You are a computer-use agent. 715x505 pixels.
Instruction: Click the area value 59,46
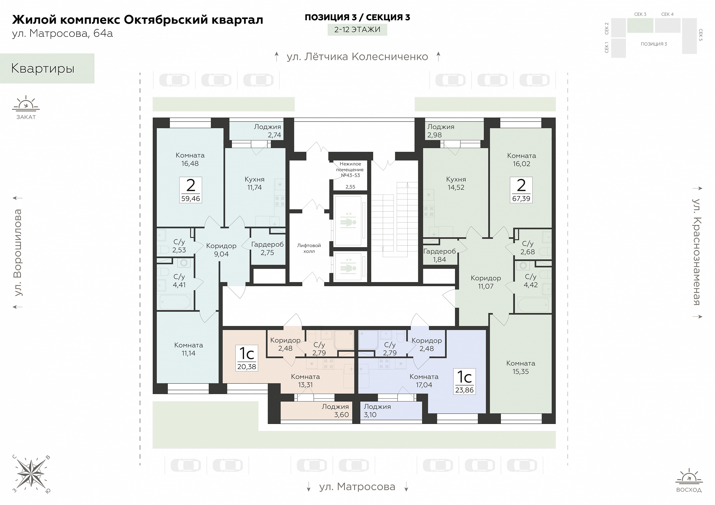(x=191, y=199)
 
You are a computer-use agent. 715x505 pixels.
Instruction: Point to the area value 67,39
(x=521, y=199)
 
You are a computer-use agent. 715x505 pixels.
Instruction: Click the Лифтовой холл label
(x=309, y=248)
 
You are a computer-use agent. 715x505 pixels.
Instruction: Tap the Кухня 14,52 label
(x=456, y=183)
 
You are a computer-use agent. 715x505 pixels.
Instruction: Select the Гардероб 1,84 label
(x=439, y=255)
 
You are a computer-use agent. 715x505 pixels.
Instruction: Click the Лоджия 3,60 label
(x=335, y=411)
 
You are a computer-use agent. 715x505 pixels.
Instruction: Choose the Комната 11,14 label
(x=189, y=349)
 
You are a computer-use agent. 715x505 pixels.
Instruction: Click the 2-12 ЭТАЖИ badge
(x=357, y=30)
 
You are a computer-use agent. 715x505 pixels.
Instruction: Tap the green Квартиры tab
(x=47, y=68)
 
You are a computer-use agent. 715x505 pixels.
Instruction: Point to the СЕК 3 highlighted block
(x=640, y=25)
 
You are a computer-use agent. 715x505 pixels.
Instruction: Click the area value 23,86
(x=464, y=390)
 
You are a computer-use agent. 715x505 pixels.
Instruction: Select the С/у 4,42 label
(x=531, y=281)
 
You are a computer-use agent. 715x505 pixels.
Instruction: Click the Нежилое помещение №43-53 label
(x=350, y=170)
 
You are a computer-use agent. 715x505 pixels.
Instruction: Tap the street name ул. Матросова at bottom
(x=357, y=487)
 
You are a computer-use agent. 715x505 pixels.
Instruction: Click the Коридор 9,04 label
(x=221, y=250)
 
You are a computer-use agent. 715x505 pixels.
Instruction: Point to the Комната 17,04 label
(x=424, y=381)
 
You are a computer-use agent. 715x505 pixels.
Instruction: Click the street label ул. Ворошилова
(x=18, y=252)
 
